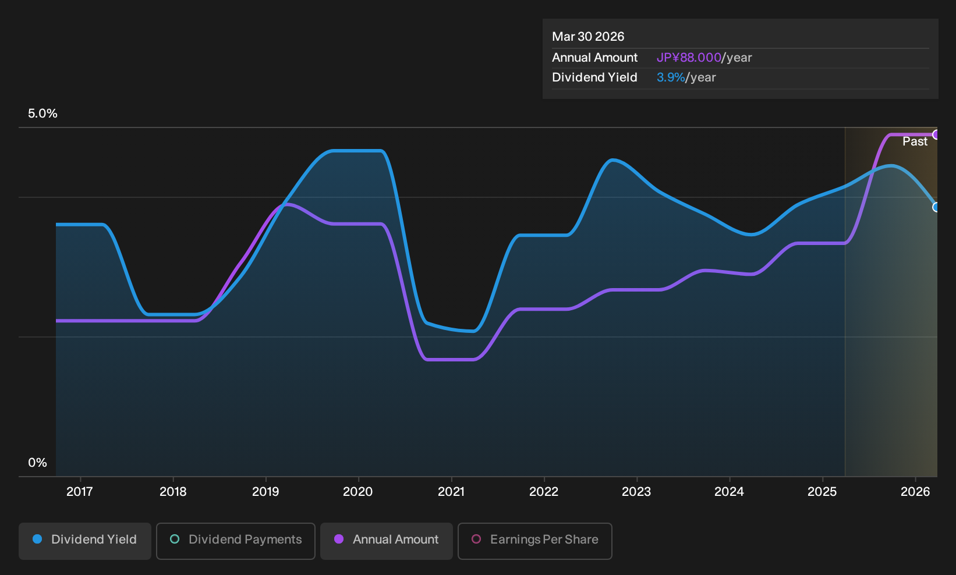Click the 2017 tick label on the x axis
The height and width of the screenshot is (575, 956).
click(x=80, y=492)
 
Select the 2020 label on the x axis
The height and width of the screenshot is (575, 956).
click(x=358, y=492)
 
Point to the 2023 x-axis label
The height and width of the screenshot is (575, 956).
click(x=636, y=492)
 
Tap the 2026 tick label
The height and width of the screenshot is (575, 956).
click(x=915, y=492)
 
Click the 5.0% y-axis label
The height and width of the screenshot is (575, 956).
click(x=43, y=113)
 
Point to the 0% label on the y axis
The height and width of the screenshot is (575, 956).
click(x=38, y=463)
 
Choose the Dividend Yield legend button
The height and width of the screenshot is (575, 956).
click(x=85, y=541)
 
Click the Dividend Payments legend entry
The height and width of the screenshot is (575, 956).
click(x=236, y=541)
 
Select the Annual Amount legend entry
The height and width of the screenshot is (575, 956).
click(x=387, y=541)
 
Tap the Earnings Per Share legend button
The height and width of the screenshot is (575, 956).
click(x=535, y=541)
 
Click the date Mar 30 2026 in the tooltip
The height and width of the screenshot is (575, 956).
click(x=588, y=37)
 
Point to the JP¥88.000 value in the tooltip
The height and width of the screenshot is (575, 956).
click(x=689, y=58)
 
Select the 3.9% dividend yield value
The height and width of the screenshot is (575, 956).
click(x=671, y=77)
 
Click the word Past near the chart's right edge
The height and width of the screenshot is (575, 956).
click(x=915, y=141)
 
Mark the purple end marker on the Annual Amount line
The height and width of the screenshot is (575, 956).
click(x=936, y=135)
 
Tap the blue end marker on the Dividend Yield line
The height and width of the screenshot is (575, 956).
click(x=936, y=207)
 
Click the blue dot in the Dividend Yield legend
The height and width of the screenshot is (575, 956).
click(x=38, y=539)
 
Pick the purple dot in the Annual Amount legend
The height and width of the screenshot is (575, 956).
click(x=339, y=539)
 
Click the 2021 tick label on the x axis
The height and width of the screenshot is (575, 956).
click(x=451, y=492)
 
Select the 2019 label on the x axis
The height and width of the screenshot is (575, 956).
click(x=265, y=492)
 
